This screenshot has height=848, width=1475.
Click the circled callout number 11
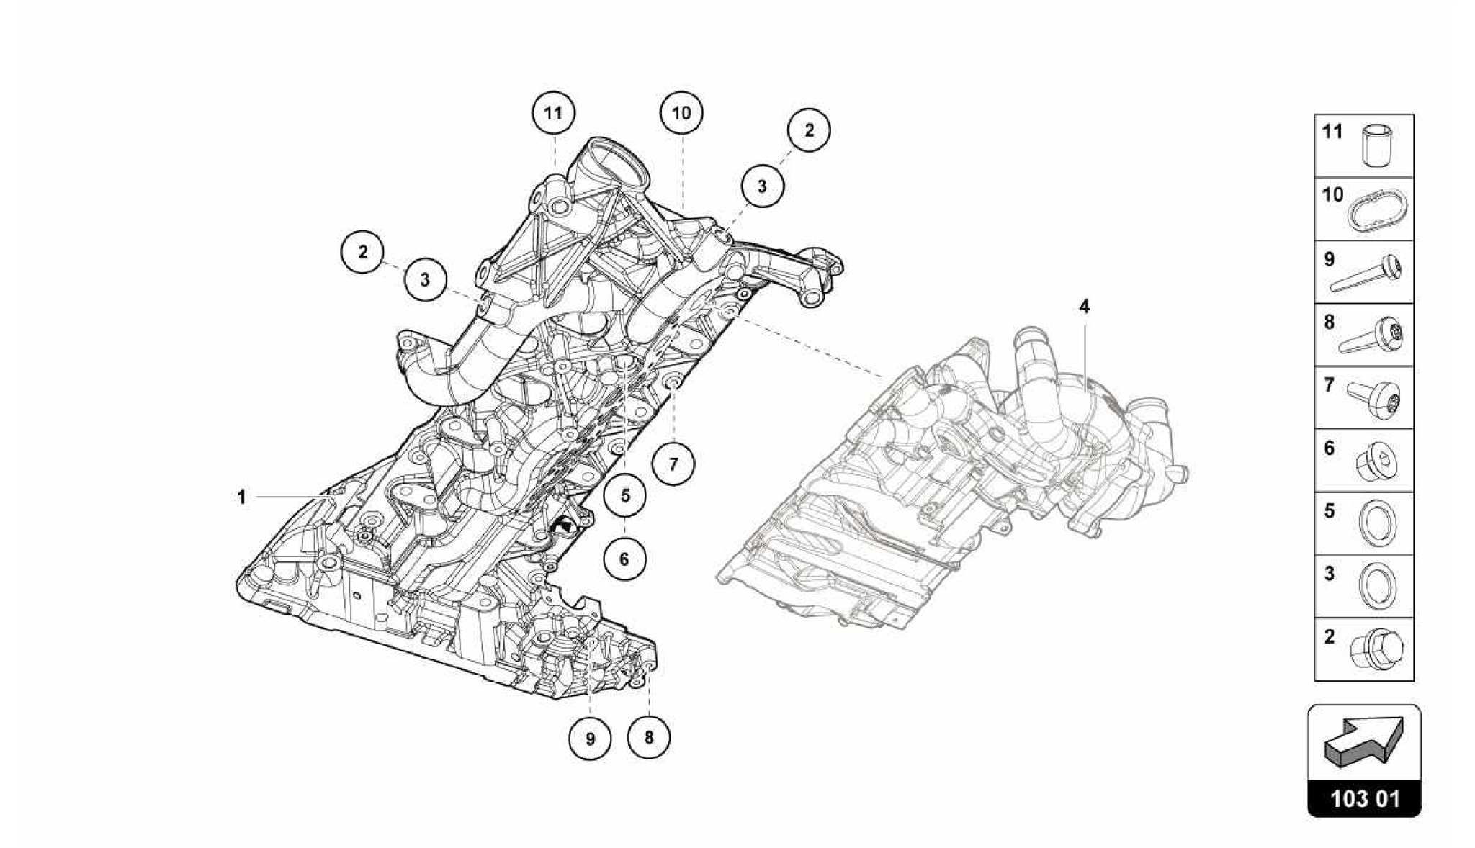(553, 114)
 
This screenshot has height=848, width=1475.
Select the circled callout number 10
(681, 113)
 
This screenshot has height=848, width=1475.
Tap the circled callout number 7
(673, 464)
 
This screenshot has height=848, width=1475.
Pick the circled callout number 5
(624, 496)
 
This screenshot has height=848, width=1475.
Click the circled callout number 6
(624, 559)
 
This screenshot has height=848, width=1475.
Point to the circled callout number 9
(590, 739)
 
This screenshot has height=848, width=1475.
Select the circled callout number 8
(649, 738)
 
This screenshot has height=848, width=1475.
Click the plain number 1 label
(242, 497)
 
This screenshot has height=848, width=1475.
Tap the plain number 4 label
(1084, 307)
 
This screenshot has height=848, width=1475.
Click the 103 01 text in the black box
(1364, 799)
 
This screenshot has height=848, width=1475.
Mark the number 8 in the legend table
(1330, 322)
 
